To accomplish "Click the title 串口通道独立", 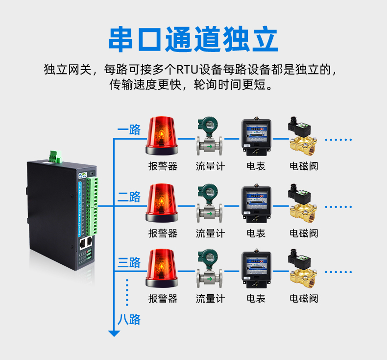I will pyautogui.click(x=193, y=40).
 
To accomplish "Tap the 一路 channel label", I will pyautogui.click(x=129, y=130).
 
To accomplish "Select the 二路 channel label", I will pyautogui.click(x=129, y=197).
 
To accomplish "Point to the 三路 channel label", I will pyautogui.click(x=129, y=262).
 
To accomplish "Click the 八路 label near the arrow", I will pyautogui.click(x=129, y=319).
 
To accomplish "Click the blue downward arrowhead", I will pyautogui.click(x=114, y=333).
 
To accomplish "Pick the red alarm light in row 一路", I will pyautogui.click(x=162, y=134).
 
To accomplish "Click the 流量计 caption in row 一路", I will pyautogui.click(x=210, y=166).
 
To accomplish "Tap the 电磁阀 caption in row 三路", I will pyautogui.click(x=304, y=298).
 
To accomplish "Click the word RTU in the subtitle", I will pyautogui.click(x=186, y=69).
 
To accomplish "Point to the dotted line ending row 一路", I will pyautogui.click(x=339, y=140).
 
